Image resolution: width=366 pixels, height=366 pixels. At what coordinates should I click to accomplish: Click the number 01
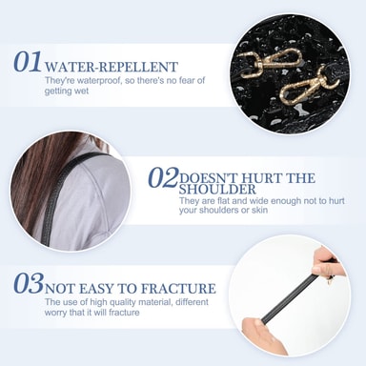[28, 61]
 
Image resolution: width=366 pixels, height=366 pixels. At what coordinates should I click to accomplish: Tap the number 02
[163, 177]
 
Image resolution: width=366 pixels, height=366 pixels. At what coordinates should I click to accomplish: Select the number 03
[28, 283]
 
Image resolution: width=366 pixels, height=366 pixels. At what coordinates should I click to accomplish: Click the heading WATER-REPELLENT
[111, 67]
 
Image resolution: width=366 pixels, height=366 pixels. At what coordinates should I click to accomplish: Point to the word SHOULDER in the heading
[217, 190]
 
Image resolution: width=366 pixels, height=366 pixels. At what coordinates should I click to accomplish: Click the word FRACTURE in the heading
[178, 289]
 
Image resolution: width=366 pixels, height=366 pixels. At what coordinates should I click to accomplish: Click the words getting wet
[67, 91]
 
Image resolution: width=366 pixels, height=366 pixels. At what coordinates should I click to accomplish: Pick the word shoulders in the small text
[218, 210]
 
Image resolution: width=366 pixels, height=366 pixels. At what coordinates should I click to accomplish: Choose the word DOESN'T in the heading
[205, 178]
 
